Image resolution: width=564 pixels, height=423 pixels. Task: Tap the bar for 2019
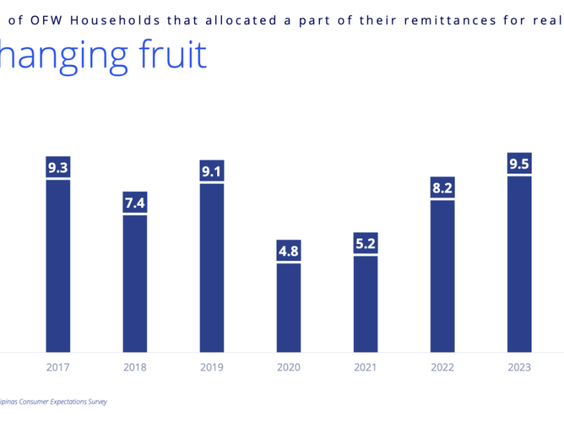coord(211,268)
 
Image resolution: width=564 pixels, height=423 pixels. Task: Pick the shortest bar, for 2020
coord(288,307)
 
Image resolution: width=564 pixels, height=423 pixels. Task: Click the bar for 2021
coord(365,304)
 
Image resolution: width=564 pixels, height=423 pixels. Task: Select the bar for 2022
coord(442,276)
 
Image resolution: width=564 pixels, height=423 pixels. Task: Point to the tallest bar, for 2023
coord(519,264)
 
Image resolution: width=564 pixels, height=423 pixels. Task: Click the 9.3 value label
coord(58,168)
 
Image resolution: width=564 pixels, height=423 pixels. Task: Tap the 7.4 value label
coord(135,203)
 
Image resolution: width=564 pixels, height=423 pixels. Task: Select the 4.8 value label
coord(288,251)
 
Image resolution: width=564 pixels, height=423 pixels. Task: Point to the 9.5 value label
coord(519,164)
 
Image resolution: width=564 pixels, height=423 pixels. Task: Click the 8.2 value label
coord(442,188)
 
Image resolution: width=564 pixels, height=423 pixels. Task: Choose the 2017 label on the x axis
coord(58,367)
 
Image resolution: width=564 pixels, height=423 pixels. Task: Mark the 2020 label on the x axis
coord(288,367)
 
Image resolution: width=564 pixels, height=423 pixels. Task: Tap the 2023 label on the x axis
coord(519,367)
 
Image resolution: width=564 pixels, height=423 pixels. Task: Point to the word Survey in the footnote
coord(97,401)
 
